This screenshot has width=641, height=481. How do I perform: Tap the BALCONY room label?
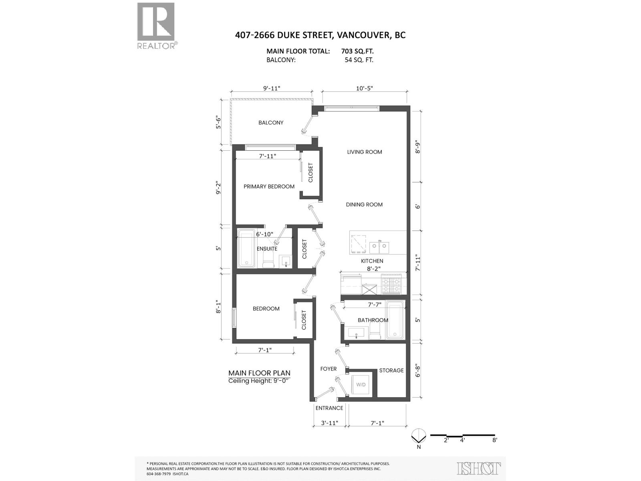click(271, 123)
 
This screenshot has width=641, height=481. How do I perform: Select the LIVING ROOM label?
click(365, 152)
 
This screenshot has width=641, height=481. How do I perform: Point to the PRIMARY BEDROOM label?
click(269, 186)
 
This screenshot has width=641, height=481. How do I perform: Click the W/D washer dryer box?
click(361, 385)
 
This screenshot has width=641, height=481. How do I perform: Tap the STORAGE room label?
click(391, 370)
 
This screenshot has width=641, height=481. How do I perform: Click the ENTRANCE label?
click(329, 408)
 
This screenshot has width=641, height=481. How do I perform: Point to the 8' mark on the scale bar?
click(495, 440)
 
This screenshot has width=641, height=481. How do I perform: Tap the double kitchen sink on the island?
click(379, 248)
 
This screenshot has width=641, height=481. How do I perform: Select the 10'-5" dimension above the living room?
click(364, 89)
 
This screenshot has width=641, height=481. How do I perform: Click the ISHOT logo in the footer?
click(479, 468)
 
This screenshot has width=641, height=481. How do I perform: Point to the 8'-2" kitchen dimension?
click(373, 269)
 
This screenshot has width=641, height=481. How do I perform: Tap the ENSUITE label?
click(267, 249)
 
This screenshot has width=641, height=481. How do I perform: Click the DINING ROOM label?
click(364, 204)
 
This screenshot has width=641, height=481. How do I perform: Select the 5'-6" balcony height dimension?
click(219, 122)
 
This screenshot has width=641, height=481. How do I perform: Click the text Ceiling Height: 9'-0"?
click(258, 381)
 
